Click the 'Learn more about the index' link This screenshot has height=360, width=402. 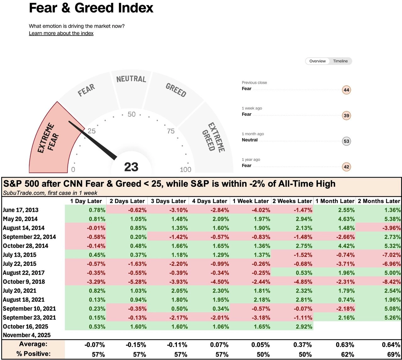[61, 33]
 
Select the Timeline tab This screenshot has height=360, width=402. [340, 61]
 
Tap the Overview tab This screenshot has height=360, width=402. [317, 61]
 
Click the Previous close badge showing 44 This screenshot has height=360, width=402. [346, 90]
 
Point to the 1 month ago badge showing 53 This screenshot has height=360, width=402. [346, 141]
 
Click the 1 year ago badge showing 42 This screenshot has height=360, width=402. [346, 167]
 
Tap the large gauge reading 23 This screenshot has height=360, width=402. [131, 167]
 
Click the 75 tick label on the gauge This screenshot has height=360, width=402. [171, 131]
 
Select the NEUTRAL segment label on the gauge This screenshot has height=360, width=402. [131, 79]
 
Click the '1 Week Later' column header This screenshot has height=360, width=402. [251, 201]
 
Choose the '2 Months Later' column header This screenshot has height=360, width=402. [379, 201]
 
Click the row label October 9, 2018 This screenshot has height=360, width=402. [24, 282]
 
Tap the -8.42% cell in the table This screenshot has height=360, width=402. [390, 282]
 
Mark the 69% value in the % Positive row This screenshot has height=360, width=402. [394, 354]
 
